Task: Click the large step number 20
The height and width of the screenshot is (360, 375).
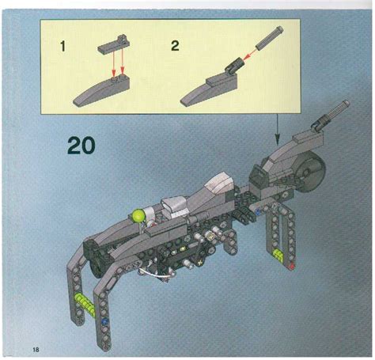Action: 82,146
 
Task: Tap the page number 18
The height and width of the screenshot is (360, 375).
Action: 36,349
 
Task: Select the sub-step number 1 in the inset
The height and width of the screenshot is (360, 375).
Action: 63,46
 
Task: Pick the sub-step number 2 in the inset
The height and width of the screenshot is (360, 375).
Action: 175,46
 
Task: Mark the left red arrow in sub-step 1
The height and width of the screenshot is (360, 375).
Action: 113,65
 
